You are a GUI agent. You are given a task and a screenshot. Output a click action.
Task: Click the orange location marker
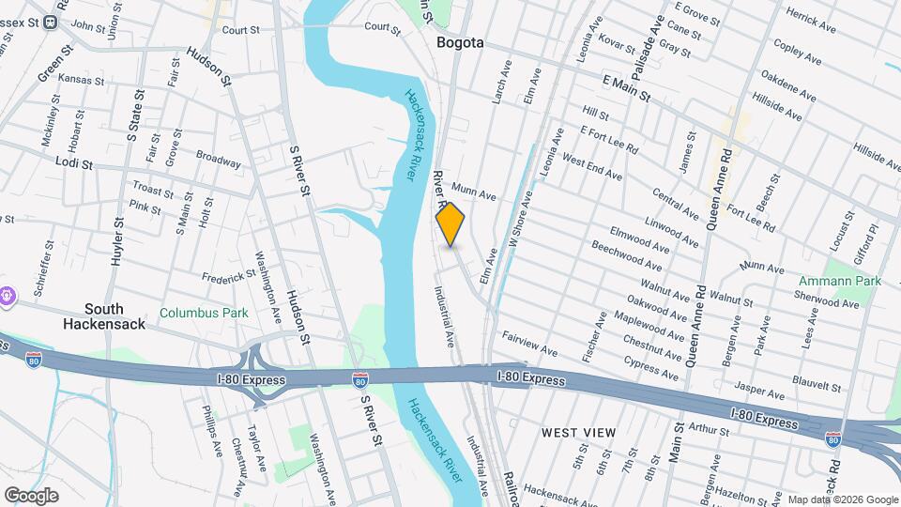[450, 224]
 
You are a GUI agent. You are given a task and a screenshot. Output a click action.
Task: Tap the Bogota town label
[460, 42]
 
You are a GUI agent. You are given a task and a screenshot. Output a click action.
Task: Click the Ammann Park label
[840, 281]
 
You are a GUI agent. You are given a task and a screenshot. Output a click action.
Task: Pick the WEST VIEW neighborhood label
[579, 432]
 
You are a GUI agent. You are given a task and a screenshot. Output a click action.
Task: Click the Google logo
[31, 495]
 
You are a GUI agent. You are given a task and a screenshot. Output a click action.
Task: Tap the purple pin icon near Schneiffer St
[8, 295]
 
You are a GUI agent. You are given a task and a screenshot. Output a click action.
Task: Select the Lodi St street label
[73, 163]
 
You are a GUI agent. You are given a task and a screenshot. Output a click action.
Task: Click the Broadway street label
[218, 160]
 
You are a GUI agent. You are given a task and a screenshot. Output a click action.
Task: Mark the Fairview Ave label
[531, 344]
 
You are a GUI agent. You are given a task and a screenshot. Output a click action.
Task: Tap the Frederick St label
[229, 276]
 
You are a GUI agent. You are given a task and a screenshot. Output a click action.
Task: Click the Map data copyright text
[841, 499]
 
